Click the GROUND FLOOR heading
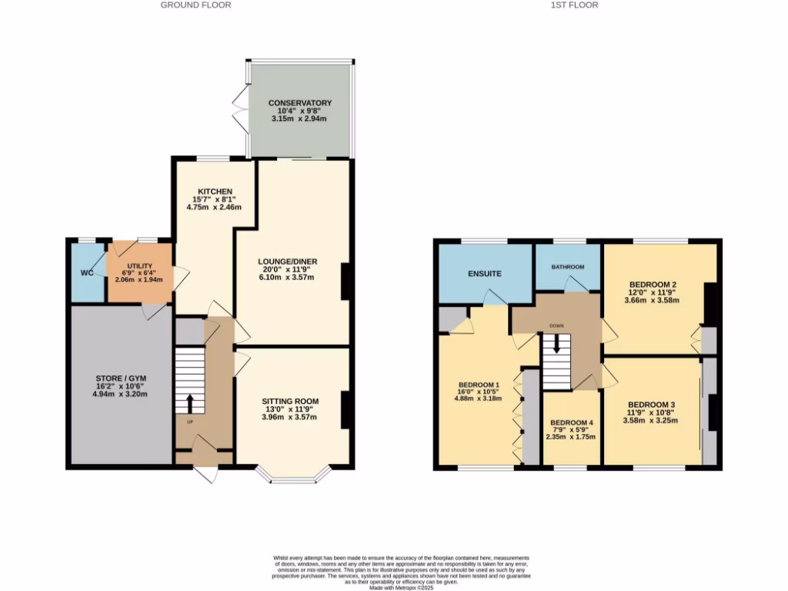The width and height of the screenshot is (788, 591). click(x=195, y=5)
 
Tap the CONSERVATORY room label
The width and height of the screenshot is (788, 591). click(x=299, y=103)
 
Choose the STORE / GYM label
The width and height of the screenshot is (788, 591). click(x=119, y=378)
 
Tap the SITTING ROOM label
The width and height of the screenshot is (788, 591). click(x=289, y=401)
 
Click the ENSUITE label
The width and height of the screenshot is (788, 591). click(x=484, y=273)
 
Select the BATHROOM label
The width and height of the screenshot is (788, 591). click(x=567, y=267)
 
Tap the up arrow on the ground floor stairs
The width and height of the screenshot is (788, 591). click(x=189, y=402)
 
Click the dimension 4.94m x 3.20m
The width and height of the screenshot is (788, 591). click(x=119, y=394)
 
